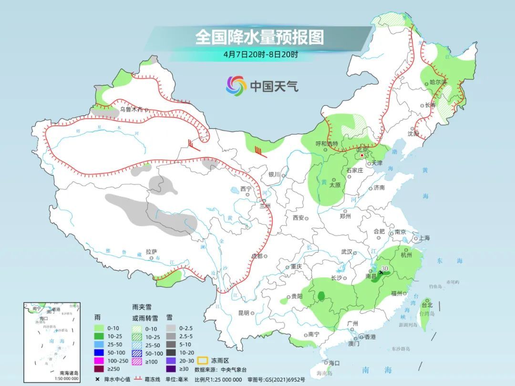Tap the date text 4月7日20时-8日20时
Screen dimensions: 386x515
[x=260, y=54]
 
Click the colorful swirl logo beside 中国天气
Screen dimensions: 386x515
[x=236, y=86]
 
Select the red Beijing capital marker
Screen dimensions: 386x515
[x=362, y=155]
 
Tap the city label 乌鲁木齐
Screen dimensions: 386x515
[x=131, y=110]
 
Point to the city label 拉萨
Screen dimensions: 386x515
[x=151, y=252]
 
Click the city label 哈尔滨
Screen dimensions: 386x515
[x=438, y=82]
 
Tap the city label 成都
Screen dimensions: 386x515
[x=257, y=256]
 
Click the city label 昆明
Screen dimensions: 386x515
[x=243, y=313]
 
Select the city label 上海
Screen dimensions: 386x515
[x=424, y=238]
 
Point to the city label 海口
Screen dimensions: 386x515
[x=334, y=363]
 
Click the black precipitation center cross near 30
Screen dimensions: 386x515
[x=381, y=273]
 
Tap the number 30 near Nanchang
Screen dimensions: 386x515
[x=384, y=268]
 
